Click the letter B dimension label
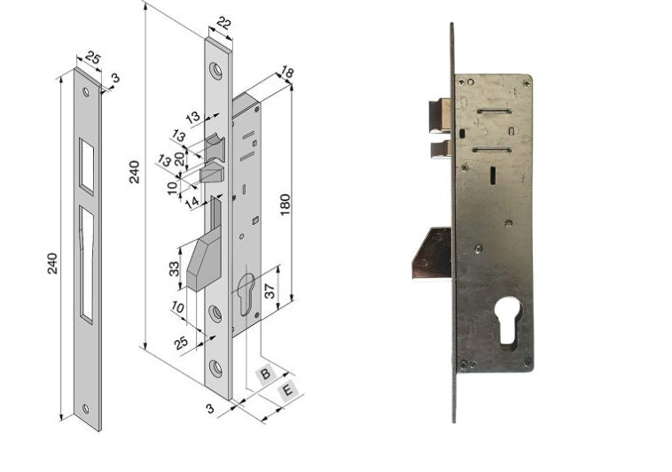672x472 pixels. (x=265, y=374)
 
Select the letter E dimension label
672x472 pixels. (x=287, y=391)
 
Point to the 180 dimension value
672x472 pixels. (x=285, y=205)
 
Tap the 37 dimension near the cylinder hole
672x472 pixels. (x=269, y=292)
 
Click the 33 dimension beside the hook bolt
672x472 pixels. (x=174, y=269)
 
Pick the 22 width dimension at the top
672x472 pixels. (x=223, y=24)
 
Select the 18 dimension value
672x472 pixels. (x=286, y=73)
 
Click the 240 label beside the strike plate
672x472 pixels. (x=51, y=264)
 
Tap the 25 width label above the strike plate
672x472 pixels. (x=92, y=58)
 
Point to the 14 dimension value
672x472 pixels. (x=192, y=203)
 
